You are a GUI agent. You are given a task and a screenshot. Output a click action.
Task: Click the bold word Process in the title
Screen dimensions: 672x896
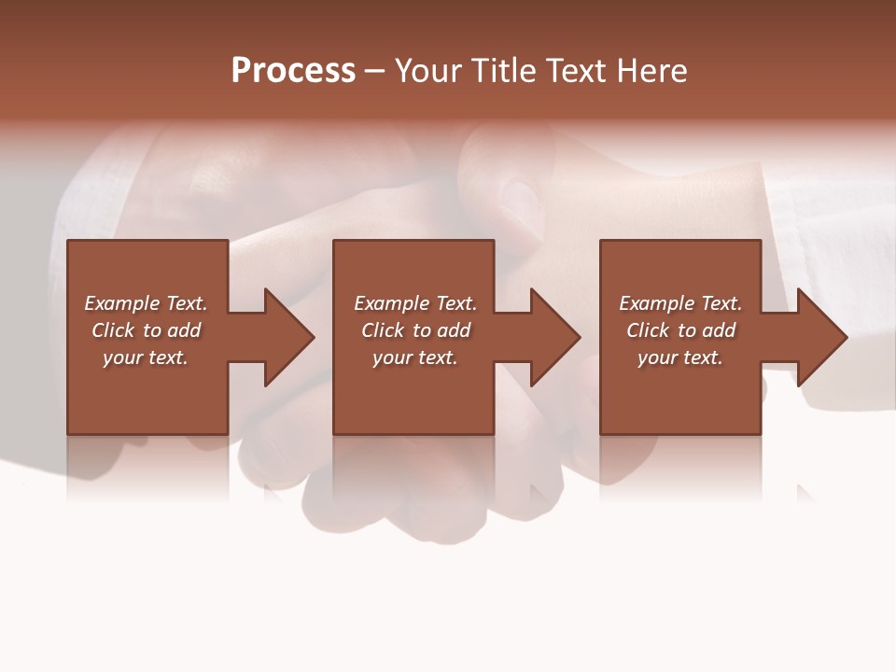pos(293,71)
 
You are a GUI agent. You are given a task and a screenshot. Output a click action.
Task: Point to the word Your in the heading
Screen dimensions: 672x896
pos(428,71)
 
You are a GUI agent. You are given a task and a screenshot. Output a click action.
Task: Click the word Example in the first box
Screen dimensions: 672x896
pos(121,303)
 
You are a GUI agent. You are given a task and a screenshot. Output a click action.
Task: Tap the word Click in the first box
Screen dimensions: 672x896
pos(113,330)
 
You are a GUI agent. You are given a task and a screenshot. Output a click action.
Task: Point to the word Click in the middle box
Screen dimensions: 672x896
pos(383,330)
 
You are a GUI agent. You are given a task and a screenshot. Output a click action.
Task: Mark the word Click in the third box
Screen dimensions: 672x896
pos(648,330)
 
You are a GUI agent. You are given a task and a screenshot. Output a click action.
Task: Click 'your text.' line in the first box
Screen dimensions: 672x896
pos(146,357)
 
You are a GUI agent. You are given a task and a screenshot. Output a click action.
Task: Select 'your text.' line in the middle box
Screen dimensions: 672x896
pos(415,357)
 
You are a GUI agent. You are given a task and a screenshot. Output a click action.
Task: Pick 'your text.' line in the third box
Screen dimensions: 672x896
pos(680,357)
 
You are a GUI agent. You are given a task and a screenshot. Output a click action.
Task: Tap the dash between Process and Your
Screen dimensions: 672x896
pos(374,71)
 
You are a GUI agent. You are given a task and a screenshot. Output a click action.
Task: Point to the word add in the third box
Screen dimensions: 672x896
pos(719,330)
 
